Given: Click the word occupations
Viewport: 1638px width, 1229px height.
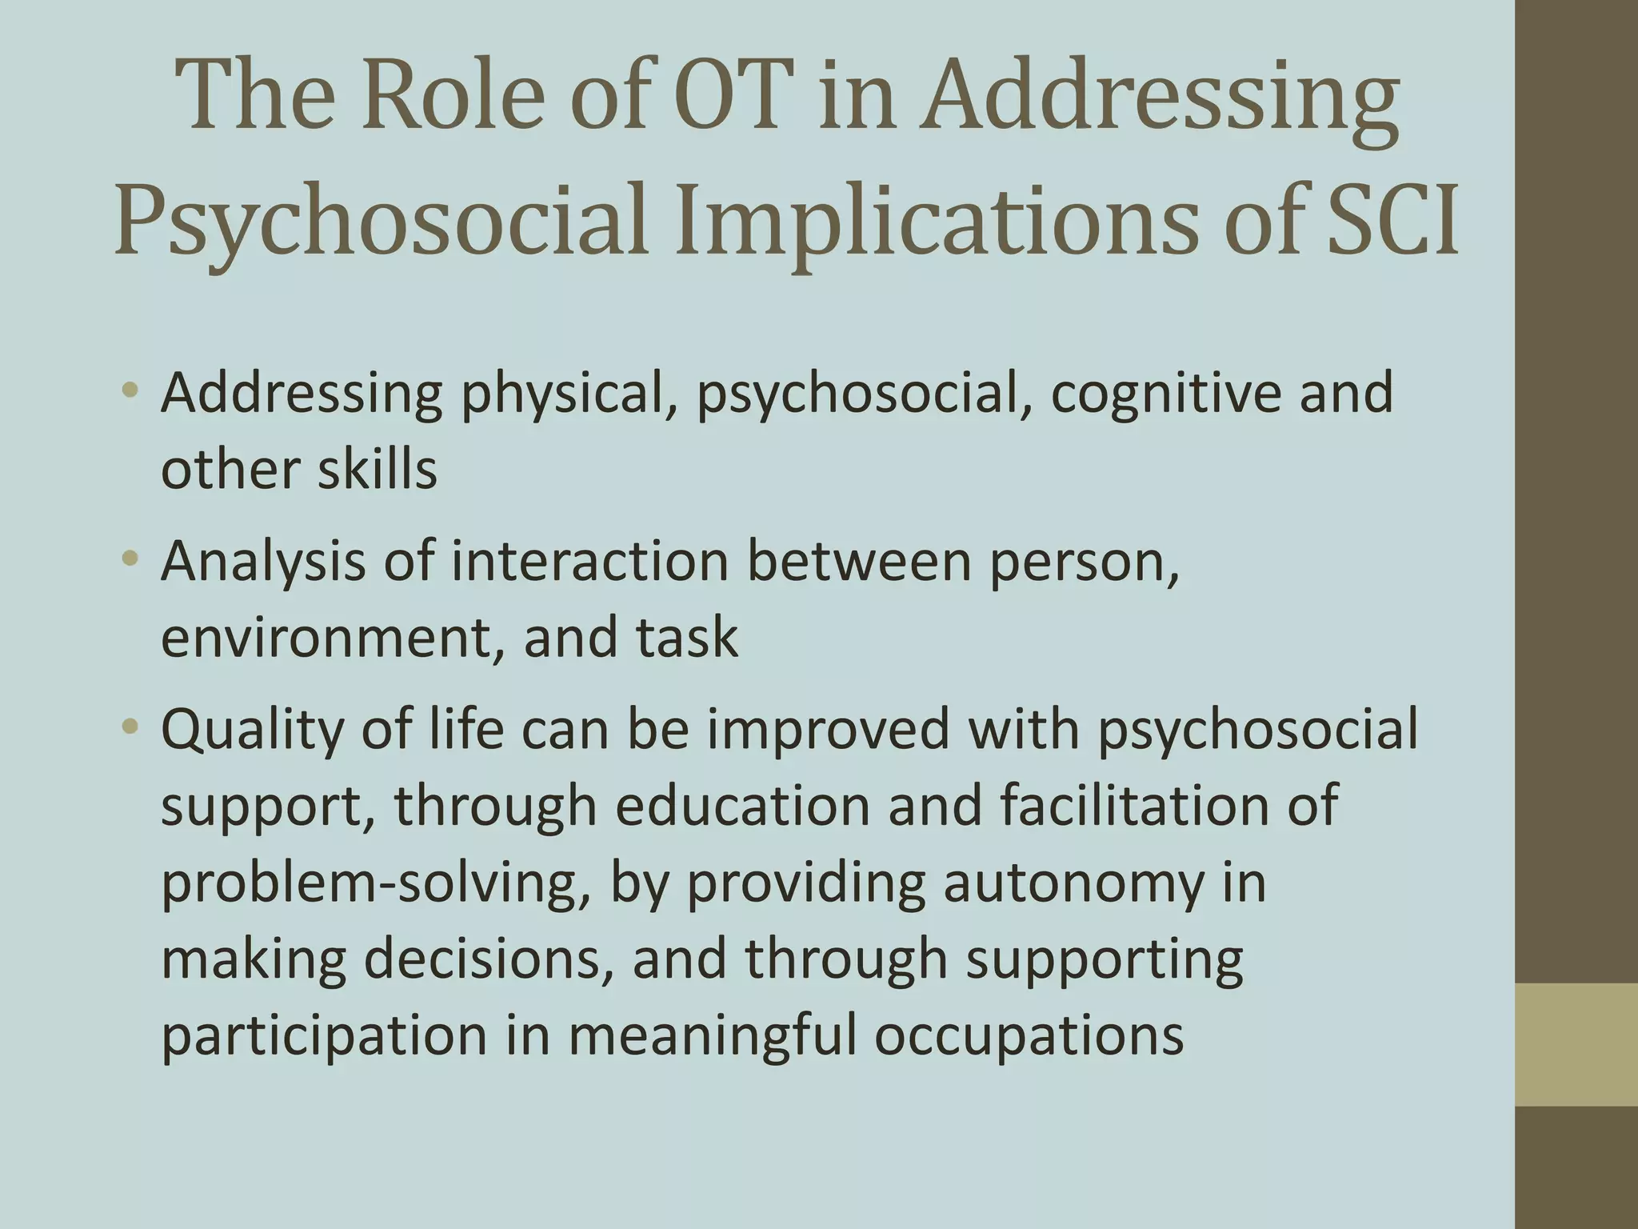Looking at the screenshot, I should coord(1029,1035).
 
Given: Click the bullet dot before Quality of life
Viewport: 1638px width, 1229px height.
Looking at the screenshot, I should coord(131,727).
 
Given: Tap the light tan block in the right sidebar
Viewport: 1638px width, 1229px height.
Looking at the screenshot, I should coord(1576,1044).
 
